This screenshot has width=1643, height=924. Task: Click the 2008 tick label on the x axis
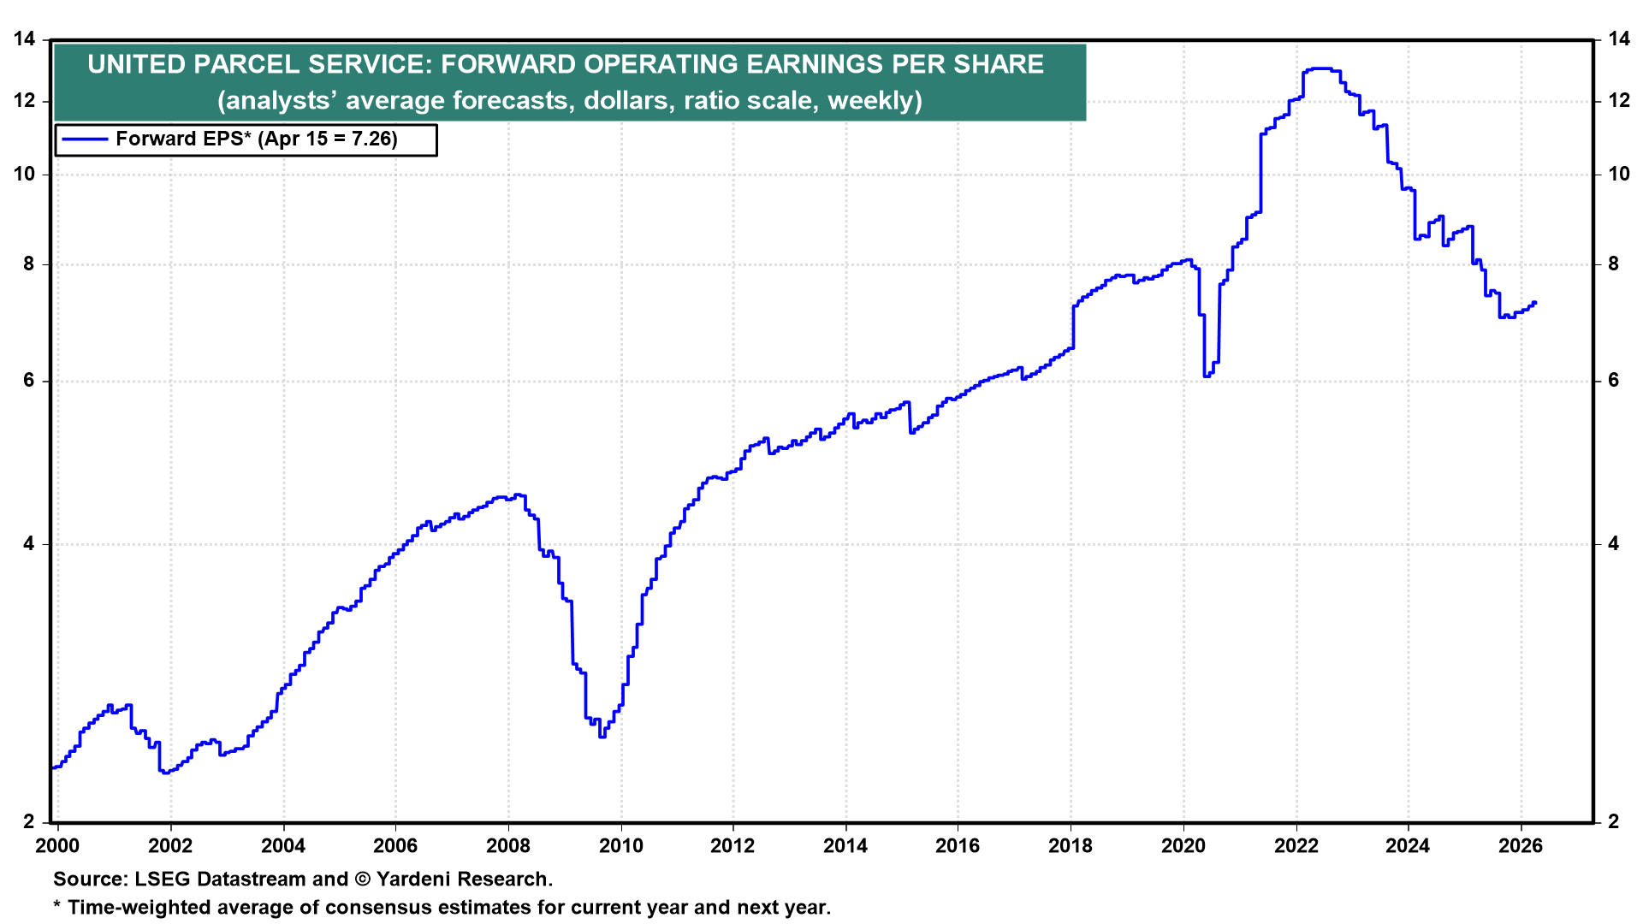508,846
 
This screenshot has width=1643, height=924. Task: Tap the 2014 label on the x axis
845,846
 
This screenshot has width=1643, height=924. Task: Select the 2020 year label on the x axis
1183,846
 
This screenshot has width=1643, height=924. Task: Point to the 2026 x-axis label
1521,846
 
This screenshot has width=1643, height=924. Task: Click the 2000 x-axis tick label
58,846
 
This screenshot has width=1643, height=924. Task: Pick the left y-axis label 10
25,175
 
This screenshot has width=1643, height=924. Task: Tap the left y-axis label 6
30,381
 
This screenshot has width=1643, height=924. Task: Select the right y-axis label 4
1613,544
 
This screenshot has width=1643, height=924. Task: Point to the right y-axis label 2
1613,821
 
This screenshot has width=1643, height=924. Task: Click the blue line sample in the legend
85,139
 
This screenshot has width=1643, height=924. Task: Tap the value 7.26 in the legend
373,139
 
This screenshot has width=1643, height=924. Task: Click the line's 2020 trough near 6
1207,376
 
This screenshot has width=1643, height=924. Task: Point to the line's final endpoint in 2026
1535,303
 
